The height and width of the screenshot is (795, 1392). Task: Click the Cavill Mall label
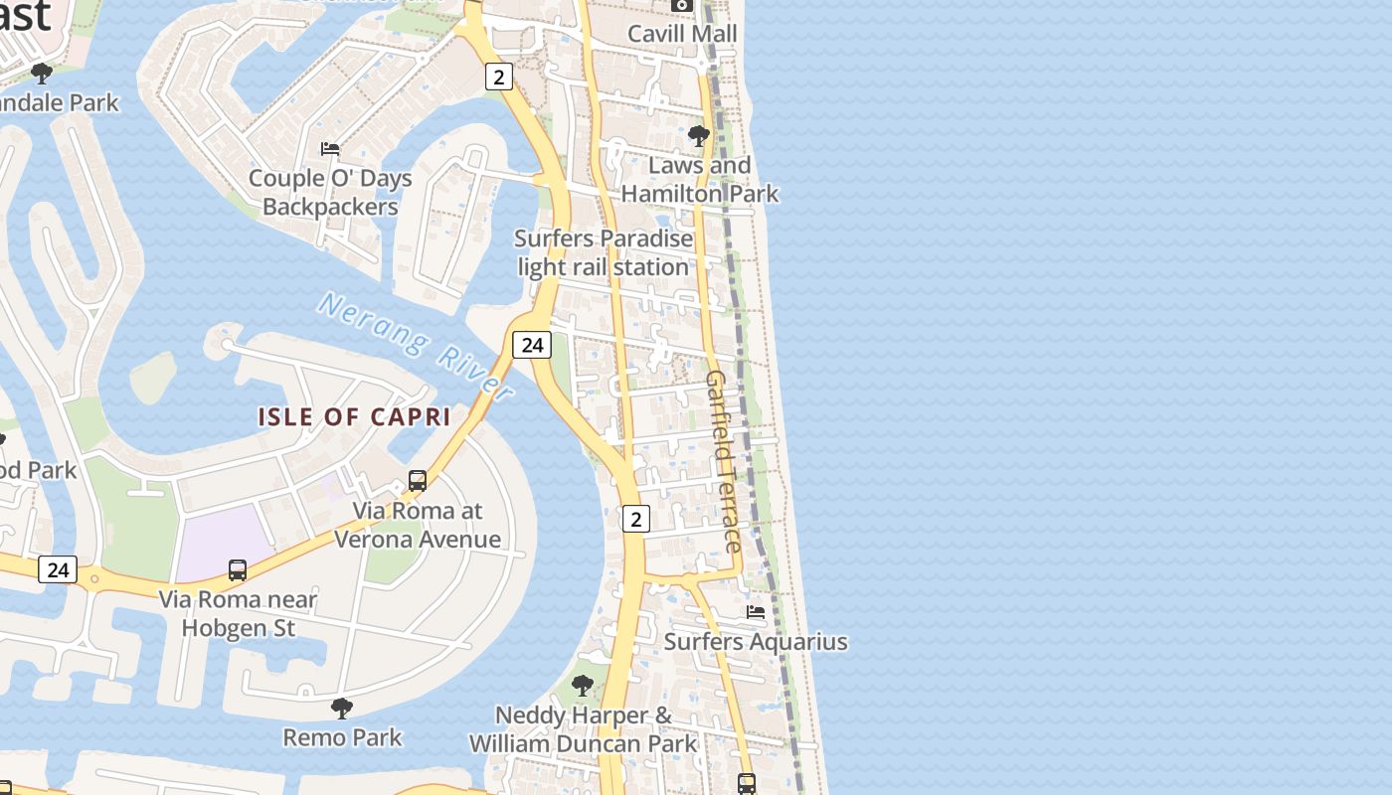pos(682,34)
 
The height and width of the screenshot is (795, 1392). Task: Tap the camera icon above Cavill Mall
pos(681,5)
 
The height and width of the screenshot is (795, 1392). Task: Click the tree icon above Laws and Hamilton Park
pos(699,135)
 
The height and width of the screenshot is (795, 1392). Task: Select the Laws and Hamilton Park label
pos(700,180)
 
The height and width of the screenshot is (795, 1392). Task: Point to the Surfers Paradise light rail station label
pos(604,253)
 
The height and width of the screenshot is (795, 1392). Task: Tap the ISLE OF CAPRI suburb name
pos(355,417)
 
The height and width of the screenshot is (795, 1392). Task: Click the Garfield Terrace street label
pos(723,461)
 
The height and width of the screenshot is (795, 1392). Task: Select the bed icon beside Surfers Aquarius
pos(756,612)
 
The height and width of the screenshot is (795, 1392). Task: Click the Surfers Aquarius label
pos(756,642)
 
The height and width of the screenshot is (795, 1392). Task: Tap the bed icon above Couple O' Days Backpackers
pos(330,149)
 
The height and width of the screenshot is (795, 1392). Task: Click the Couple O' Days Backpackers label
pos(330,193)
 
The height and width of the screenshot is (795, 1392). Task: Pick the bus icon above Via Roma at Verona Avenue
pos(418,481)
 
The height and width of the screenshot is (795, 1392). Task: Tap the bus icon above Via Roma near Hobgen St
pos(238,570)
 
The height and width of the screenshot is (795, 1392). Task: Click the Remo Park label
pos(342,737)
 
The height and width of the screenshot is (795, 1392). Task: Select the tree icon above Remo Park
pos(342,708)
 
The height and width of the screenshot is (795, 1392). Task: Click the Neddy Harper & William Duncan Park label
pos(584,729)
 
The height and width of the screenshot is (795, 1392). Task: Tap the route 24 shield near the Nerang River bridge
pos(532,345)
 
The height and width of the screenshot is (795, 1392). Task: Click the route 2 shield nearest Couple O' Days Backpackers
pos(499,77)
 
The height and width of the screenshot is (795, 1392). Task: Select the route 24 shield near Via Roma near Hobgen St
pos(58,569)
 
